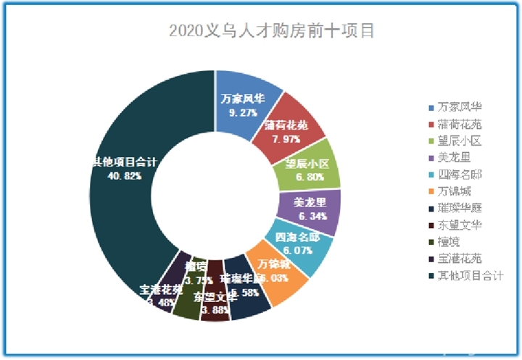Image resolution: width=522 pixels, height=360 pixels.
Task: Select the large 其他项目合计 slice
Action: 123,188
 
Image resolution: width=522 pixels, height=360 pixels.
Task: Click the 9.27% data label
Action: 243,113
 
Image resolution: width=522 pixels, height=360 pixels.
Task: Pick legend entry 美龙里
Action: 460,157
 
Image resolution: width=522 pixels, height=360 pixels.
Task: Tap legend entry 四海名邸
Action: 465,174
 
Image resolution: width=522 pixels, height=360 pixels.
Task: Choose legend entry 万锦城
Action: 460,191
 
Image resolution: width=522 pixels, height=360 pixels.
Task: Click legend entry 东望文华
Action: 465,225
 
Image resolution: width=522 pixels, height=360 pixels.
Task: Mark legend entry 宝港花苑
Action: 465,259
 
